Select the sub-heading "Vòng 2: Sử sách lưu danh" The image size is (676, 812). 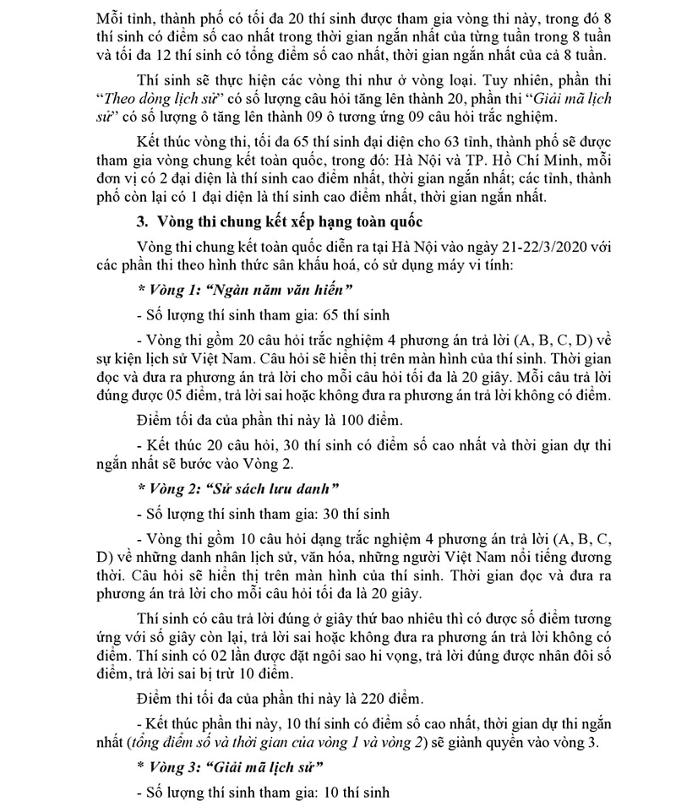[x=238, y=488]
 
